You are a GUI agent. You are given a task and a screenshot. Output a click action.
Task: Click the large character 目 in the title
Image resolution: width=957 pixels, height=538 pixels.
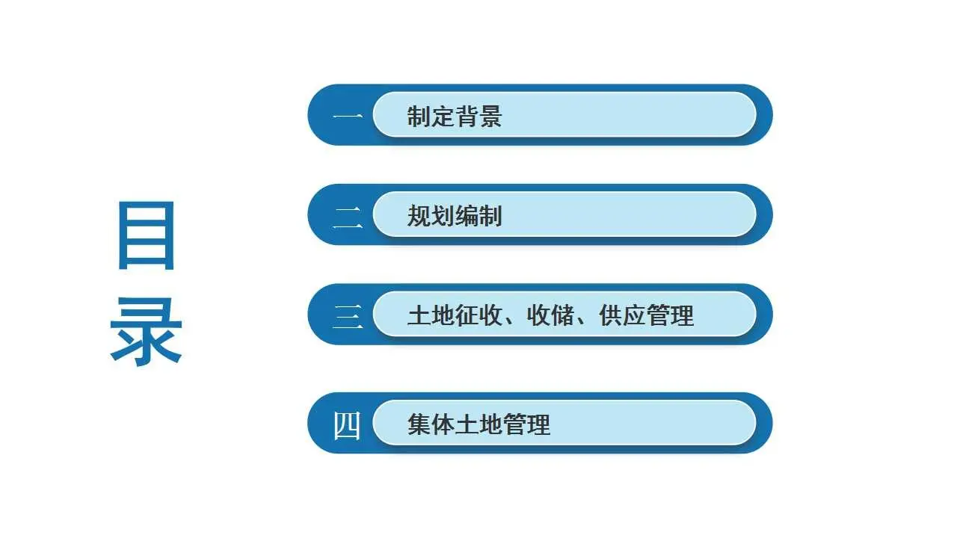tap(147, 235)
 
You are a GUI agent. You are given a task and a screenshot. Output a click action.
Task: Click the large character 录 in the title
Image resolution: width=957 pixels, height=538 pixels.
tap(146, 332)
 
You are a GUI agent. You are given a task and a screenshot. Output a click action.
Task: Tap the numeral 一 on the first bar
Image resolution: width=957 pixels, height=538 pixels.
tap(348, 116)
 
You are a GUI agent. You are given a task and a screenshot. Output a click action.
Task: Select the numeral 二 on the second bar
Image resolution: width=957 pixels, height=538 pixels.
tap(348, 217)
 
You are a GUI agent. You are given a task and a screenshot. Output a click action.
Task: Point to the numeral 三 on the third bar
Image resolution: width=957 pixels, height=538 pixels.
tap(348, 316)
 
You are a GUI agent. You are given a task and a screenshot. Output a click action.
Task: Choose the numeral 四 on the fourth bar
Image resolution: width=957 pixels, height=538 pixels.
tap(346, 425)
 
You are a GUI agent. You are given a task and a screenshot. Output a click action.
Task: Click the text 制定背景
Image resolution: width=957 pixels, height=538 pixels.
tap(455, 116)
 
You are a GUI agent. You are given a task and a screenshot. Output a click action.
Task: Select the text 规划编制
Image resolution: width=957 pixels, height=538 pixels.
tap(455, 216)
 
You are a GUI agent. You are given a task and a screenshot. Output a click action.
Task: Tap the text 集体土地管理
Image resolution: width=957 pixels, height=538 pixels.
tap(479, 424)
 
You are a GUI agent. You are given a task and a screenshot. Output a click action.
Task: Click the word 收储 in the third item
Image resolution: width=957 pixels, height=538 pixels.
tap(550, 315)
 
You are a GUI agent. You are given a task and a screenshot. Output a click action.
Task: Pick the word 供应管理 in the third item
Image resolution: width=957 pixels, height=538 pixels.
tap(647, 315)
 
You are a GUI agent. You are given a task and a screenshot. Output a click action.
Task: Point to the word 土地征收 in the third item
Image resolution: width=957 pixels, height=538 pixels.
tap(455, 315)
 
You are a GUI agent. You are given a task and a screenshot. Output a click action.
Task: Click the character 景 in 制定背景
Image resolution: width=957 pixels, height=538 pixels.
tap(490, 116)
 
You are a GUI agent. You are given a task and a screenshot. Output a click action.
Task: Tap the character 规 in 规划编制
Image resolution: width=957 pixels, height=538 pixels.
tap(419, 216)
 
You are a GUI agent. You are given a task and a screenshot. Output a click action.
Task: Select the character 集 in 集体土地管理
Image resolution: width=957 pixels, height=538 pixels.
tap(419, 424)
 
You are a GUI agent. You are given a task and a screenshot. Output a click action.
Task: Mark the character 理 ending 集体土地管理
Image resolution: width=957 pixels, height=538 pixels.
tap(539, 424)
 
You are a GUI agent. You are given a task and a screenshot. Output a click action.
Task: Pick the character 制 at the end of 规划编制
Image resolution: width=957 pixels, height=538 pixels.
tap(490, 216)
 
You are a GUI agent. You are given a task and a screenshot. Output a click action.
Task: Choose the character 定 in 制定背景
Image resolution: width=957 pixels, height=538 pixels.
tap(443, 116)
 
